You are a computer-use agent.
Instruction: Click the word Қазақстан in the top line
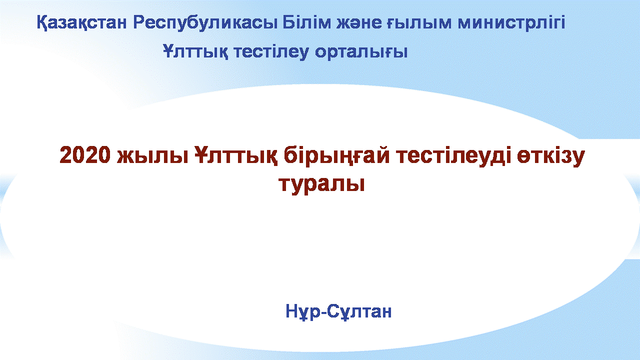tap(81, 23)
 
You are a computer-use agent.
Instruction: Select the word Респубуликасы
tap(205, 23)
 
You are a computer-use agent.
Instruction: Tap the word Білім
tap(306, 22)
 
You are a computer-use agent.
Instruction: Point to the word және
tap(358, 23)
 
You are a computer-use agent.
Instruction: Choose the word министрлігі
tap(511, 22)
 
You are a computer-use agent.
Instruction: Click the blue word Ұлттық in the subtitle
tap(195, 52)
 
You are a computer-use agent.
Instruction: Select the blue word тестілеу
tap(271, 52)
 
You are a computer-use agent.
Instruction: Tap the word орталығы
tap(361, 52)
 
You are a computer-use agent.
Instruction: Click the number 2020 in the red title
tap(85, 154)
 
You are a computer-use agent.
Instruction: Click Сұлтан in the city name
tap(359, 311)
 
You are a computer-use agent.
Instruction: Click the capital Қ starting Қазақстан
tap(43, 23)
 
